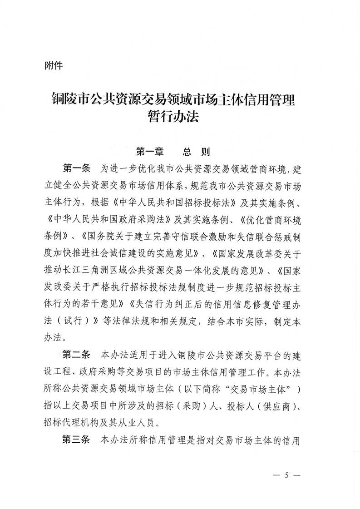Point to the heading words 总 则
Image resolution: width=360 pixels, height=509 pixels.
(196, 150)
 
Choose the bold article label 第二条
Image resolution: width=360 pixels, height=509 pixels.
(77, 354)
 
